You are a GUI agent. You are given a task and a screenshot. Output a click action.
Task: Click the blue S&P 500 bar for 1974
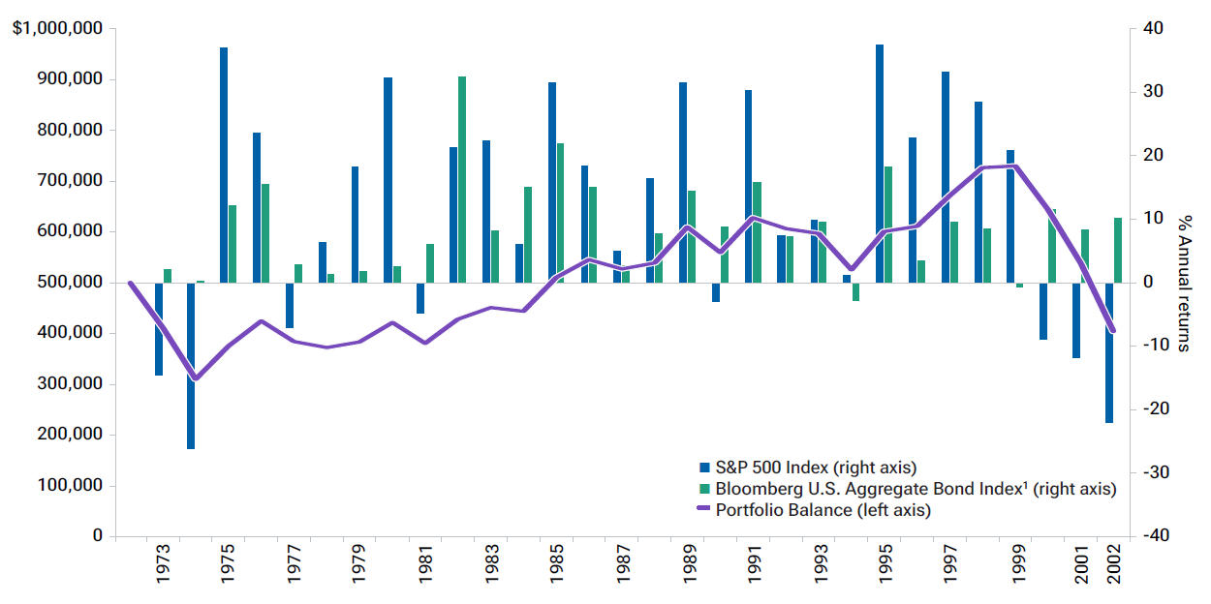pyautogui.click(x=191, y=366)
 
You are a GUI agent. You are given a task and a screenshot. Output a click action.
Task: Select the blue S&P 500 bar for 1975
pyautogui.click(x=224, y=165)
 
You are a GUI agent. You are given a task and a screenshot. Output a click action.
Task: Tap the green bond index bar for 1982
pyautogui.click(x=462, y=179)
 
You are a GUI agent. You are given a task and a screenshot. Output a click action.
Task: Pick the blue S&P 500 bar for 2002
pyautogui.click(x=1108, y=352)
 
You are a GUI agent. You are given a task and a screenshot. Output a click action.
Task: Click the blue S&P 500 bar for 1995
pyautogui.click(x=880, y=164)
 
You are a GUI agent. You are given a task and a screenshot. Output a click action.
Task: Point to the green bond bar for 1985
pyautogui.click(x=560, y=213)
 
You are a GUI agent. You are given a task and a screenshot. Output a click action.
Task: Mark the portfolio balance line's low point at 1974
pyautogui.click(x=195, y=378)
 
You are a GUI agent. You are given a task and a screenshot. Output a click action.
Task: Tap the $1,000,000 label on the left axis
pyautogui.click(x=57, y=29)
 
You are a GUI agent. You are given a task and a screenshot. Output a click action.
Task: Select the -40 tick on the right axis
pyautogui.click(x=1157, y=536)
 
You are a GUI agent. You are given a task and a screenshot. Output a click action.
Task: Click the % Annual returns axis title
pyautogui.click(x=1183, y=283)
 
